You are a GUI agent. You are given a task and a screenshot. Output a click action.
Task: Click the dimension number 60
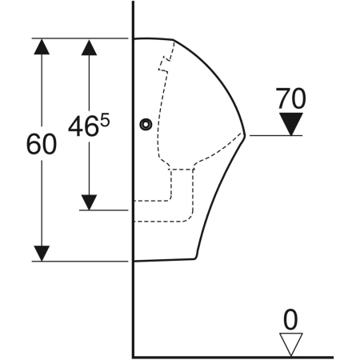(x=42, y=146)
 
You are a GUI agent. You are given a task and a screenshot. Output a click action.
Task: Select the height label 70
(x=291, y=98)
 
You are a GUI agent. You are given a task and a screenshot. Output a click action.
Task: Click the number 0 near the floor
(x=290, y=319)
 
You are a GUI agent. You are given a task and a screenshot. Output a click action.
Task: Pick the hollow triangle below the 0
(x=290, y=344)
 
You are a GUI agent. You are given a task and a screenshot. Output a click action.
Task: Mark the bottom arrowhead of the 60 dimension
(x=42, y=252)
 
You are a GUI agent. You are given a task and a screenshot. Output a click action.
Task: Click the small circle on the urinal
(x=145, y=124)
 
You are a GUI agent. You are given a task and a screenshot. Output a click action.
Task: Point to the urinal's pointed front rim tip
(x=243, y=135)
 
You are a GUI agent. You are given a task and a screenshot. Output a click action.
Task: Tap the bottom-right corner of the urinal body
(x=195, y=258)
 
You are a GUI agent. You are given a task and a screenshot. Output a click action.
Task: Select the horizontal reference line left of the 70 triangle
(x=272, y=135)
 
